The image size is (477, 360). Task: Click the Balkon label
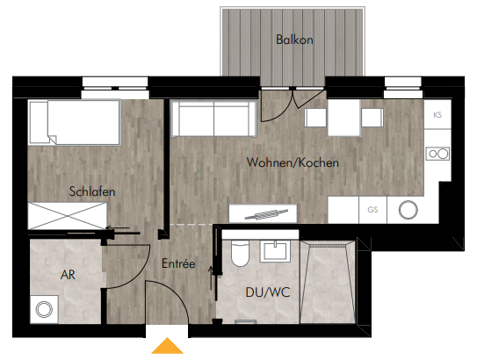[x=294, y=40]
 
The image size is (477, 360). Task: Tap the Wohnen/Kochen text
[x=293, y=162]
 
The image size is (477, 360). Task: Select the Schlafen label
[x=92, y=191]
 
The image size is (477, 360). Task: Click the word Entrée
[x=178, y=263]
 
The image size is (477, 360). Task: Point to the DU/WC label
[x=268, y=292]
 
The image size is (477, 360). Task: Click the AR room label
[x=68, y=275]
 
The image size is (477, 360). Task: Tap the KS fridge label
[x=437, y=115]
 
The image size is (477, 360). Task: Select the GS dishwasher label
[x=372, y=210]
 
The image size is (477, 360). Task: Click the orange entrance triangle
[x=167, y=346]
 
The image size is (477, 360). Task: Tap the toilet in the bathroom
[x=240, y=253]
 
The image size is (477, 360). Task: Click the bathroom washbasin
[x=275, y=251]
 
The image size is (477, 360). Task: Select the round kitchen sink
[x=408, y=210]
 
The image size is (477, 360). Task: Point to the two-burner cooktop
[x=437, y=154]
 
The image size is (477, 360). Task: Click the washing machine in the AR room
[x=44, y=310]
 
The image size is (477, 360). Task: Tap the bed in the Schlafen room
[x=74, y=122]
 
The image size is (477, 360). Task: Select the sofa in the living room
[x=213, y=119]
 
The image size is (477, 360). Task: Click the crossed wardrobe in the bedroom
[x=68, y=216]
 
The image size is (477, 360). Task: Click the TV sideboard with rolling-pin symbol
[x=263, y=214]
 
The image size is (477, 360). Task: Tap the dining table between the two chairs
[x=343, y=118]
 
